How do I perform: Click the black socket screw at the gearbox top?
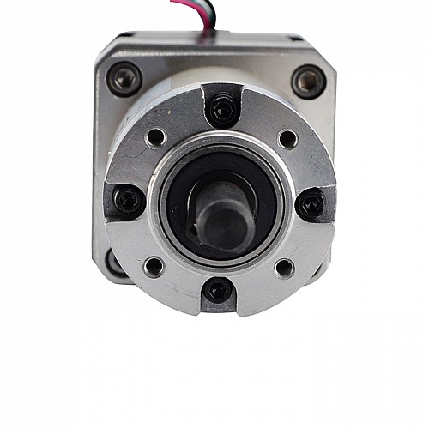pyautogui.click(x=222, y=109)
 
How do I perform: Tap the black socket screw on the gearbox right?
pyautogui.click(x=311, y=204)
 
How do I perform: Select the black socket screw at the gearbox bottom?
pyautogui.click(x=217, y=291)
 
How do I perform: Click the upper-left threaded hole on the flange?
pyautogui.click(x=155, y=137)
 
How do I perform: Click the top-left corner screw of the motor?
pyautogui.click(x=124, y=79)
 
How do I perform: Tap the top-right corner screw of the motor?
pyautogui.click(x=308, y=82)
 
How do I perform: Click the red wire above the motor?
pyautogui.click(x=185, y=5)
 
